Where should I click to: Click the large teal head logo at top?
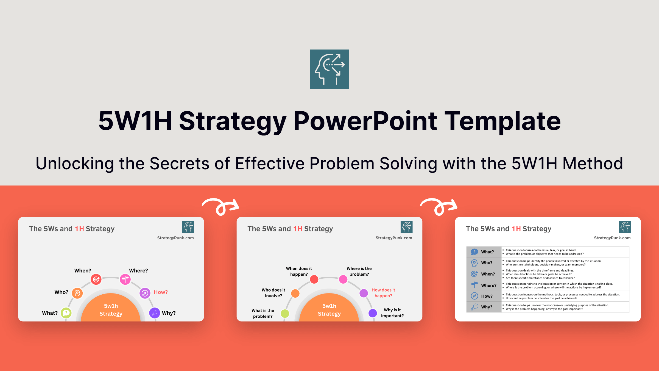(x=329, y=69)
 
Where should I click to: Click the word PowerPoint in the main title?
(x=365, y=121)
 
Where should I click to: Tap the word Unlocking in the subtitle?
(x=75, y=164)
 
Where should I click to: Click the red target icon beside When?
(x=96, y=279)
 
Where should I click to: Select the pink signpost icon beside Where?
(x=125, y=279)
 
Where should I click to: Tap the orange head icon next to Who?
(x=77, y=293)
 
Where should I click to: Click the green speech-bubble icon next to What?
(x=66, y=313)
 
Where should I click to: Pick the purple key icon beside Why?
(x=155, y=313)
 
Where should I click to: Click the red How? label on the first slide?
(x=161, y=292)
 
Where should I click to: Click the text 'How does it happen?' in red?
(x=383, y=293)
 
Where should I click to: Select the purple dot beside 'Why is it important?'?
(x=373, y=313)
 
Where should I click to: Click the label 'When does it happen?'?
(x=299, y=271)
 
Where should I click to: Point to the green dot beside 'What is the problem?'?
(x=285, y=313)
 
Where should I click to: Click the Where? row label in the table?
(x=488, y=285)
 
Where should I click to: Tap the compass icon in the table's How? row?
(x=474, y=296)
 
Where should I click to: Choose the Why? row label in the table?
(x=487, y=307)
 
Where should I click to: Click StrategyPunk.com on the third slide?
(x=612, y=238)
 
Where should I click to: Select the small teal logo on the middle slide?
(x=406, y=227)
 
